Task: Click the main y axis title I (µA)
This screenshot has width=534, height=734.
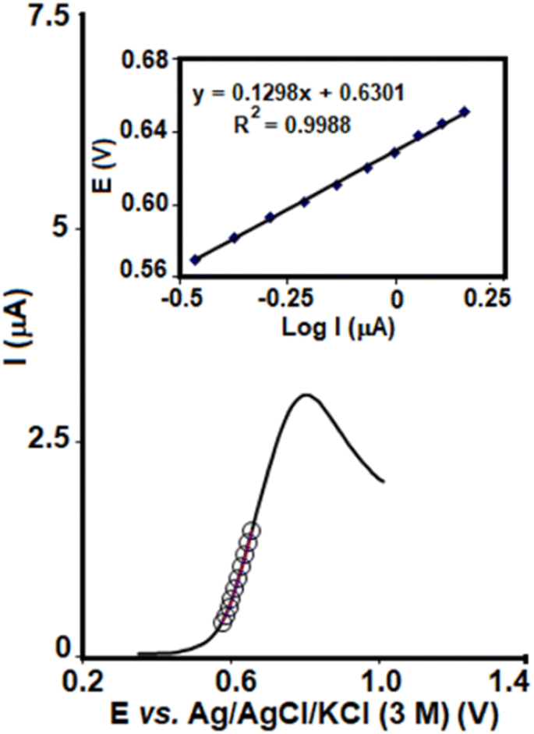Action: coord(17,335)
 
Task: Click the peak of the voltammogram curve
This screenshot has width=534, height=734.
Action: coord(306,395)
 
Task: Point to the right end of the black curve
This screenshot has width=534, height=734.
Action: coord(384,481)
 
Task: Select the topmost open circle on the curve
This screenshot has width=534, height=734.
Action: coord(252,530)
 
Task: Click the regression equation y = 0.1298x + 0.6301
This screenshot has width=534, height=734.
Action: coord(299,94)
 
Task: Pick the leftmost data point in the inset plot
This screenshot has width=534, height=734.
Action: coord(196,259)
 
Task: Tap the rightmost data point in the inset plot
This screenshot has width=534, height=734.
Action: coord(465,112)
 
